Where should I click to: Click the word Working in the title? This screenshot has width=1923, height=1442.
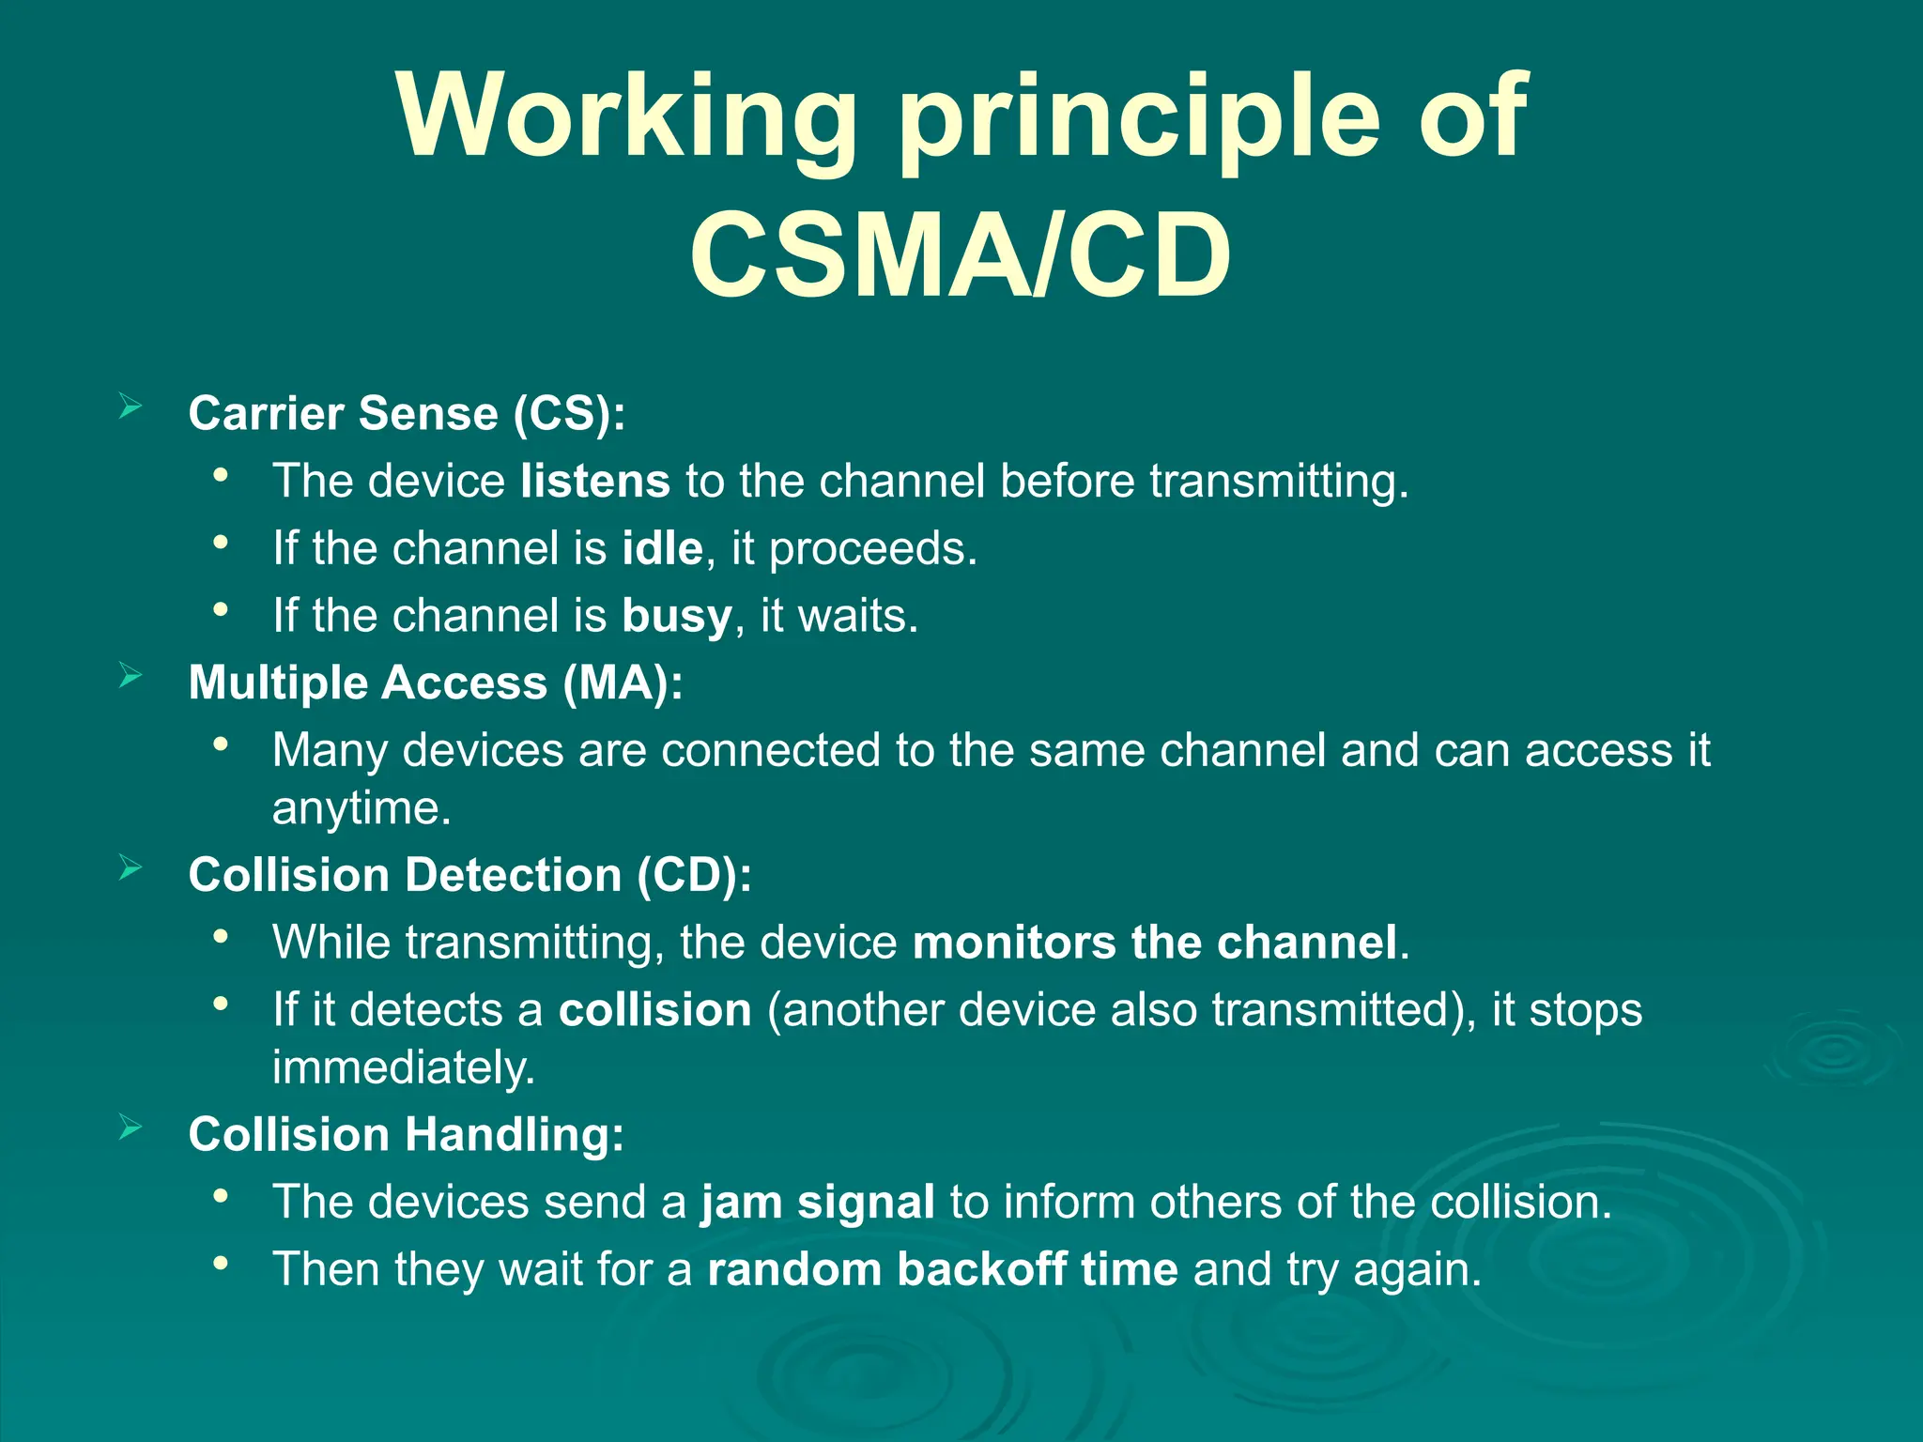(x=624, y=117)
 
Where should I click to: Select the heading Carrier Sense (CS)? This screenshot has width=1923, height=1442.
(x=407, y=413)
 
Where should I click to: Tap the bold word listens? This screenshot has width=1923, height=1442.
(x=595, y=481)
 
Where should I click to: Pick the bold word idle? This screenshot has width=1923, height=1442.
(x=662, y=548)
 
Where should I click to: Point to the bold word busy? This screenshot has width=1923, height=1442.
(x=676, y=617)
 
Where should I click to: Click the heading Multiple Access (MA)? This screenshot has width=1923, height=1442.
(x=436, y=683)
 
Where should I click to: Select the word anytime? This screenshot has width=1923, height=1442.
(x=362, y=808)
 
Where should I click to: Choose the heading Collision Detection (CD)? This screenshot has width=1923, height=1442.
(x=469, y=875)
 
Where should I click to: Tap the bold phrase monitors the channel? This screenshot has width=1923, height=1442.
(x=1155, y=943)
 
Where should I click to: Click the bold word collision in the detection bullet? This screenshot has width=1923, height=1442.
(x=654, y=1010)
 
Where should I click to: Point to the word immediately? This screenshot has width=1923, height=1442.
(x=403, y=1067)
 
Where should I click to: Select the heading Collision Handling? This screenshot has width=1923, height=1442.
(x=406, y=1134)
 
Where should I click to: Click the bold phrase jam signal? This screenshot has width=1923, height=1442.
(x=817, y=1203)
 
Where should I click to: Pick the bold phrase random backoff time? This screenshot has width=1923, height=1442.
(x=942, y=1269)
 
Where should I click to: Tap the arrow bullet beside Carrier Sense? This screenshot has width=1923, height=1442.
(x=131, y=407)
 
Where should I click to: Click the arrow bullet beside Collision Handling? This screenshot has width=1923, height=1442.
(x=131, y=1128)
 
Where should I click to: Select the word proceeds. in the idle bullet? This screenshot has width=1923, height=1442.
(x=872, y=549)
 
